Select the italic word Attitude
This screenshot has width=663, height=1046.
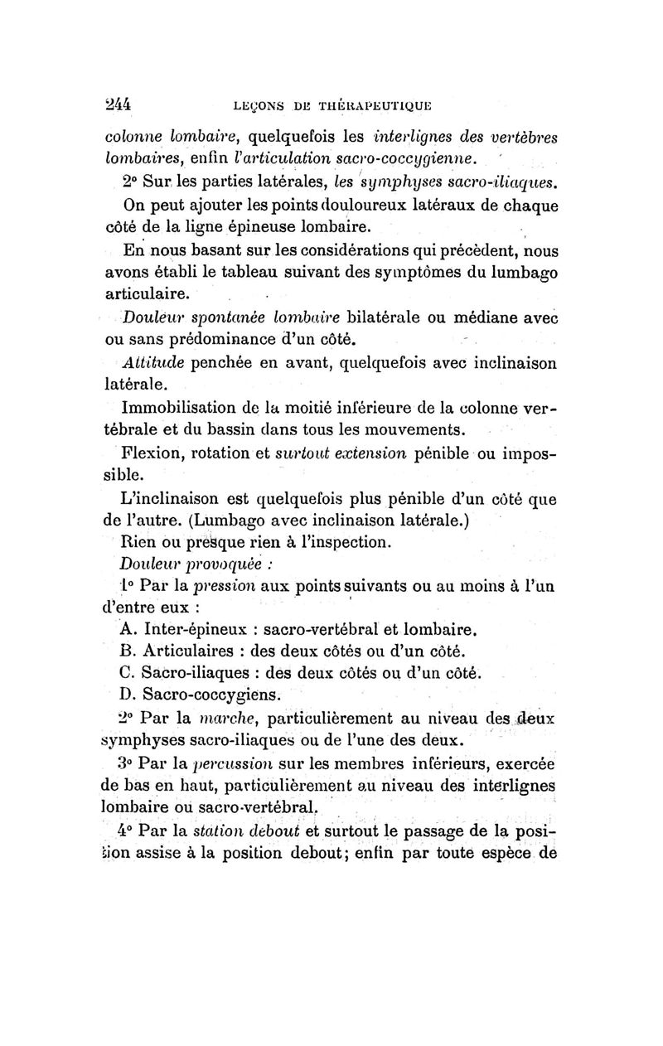click(149, 362)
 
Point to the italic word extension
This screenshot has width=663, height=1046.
click(375, 453)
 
